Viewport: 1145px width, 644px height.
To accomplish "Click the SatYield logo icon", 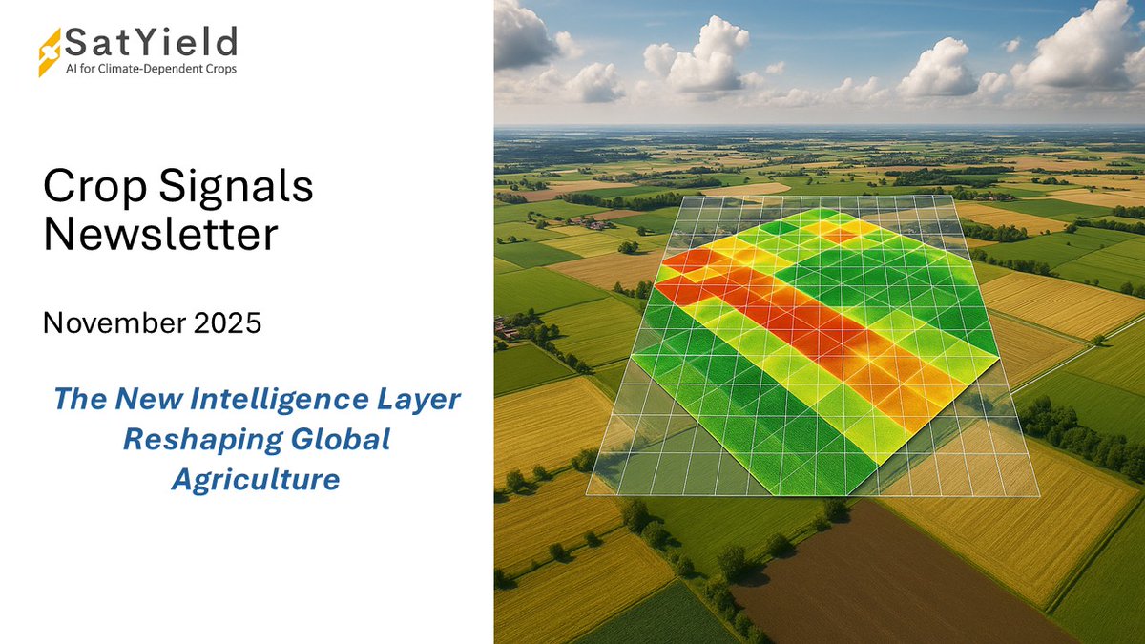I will click(50, 52).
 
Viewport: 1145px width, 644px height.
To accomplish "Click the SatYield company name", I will click(149, 43).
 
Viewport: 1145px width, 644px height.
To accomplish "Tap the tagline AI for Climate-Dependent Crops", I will click(150, 69).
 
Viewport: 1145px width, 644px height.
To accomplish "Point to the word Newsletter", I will click(161, 234).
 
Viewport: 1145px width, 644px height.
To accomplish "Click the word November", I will click(112, 323).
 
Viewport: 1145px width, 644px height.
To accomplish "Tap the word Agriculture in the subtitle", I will click(256, 480).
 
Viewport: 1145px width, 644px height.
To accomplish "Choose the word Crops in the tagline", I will click(219, 69).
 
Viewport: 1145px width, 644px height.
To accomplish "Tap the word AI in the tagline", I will click(71, 69).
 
